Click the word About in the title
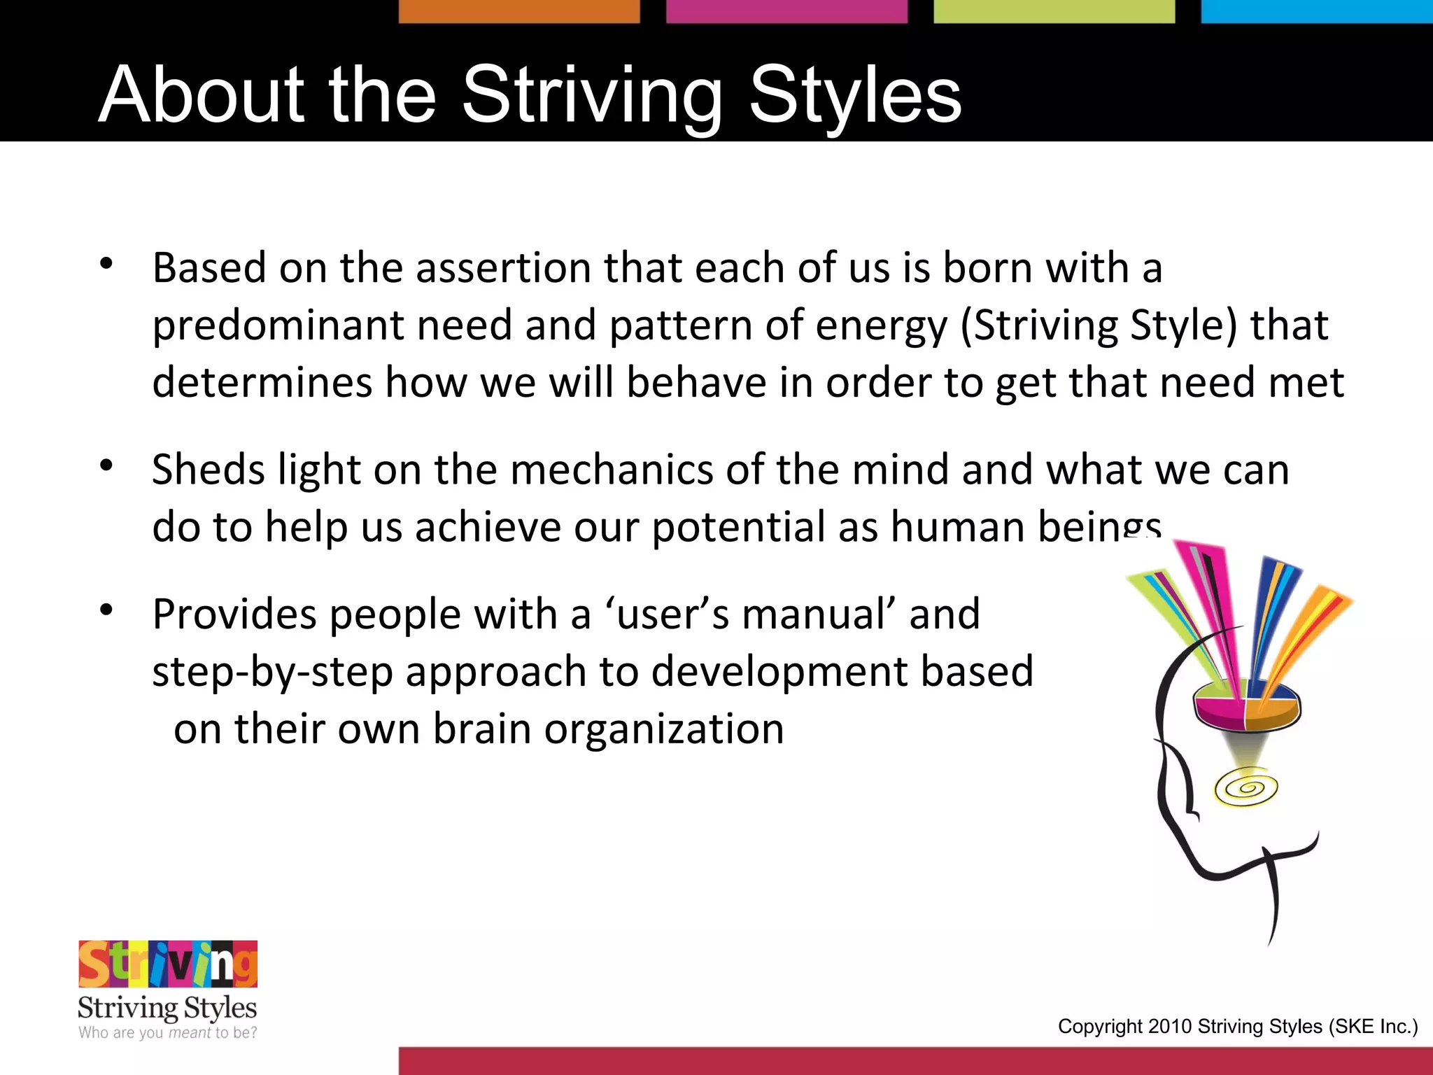202,94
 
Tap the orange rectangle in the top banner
519,11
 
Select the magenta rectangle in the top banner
786,11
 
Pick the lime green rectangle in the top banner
1054,11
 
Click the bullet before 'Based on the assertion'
106,265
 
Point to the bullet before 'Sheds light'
106,465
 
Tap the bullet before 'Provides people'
106,610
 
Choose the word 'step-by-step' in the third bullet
272,671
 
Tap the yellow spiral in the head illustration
1246,789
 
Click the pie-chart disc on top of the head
1246,703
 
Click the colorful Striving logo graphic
168,964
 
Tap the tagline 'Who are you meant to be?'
168,1033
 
